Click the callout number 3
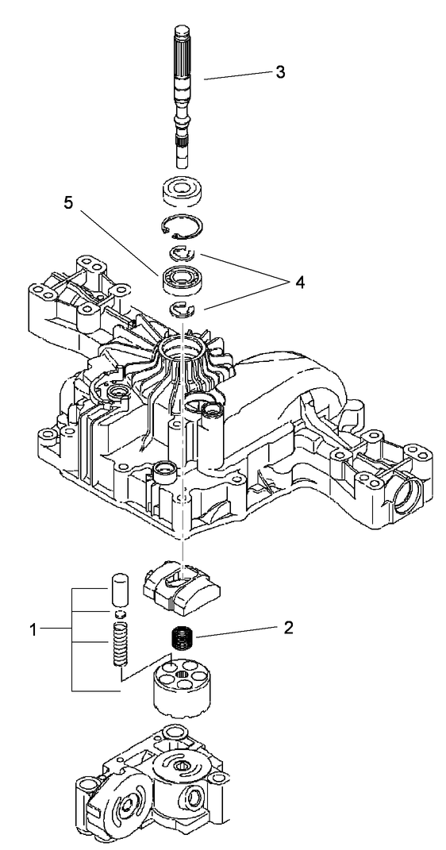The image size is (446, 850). click(279, 72)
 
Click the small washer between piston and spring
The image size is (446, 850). click(119, 613)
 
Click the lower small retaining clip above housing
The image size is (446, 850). click(183, 310)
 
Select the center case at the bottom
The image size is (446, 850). click(159, 786)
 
